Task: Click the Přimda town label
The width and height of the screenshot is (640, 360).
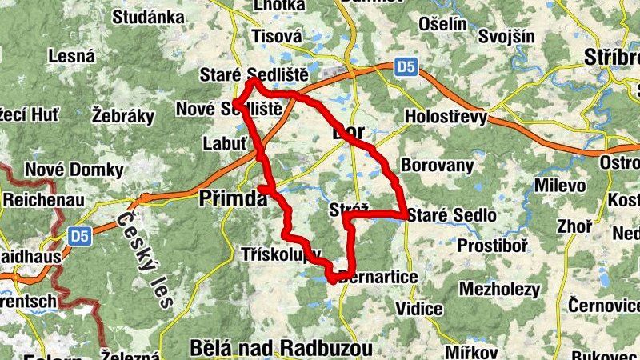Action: [x=232, y=198]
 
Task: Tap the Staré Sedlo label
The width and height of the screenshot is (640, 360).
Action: [x=452, y=215]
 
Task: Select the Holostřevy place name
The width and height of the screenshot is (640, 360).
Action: [x=446, y=118]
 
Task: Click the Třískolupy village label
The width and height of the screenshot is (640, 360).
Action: [x=281, y=254]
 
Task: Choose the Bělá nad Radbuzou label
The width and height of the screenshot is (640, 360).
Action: [x=282, y=348]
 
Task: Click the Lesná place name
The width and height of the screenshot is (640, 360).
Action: [x=72, y=56]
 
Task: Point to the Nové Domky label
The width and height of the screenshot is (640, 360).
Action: [x=74, y=170]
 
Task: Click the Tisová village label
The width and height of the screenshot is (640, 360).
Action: [x=277, y=36]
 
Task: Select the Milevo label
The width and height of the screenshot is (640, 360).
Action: [x=561, y=186]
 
